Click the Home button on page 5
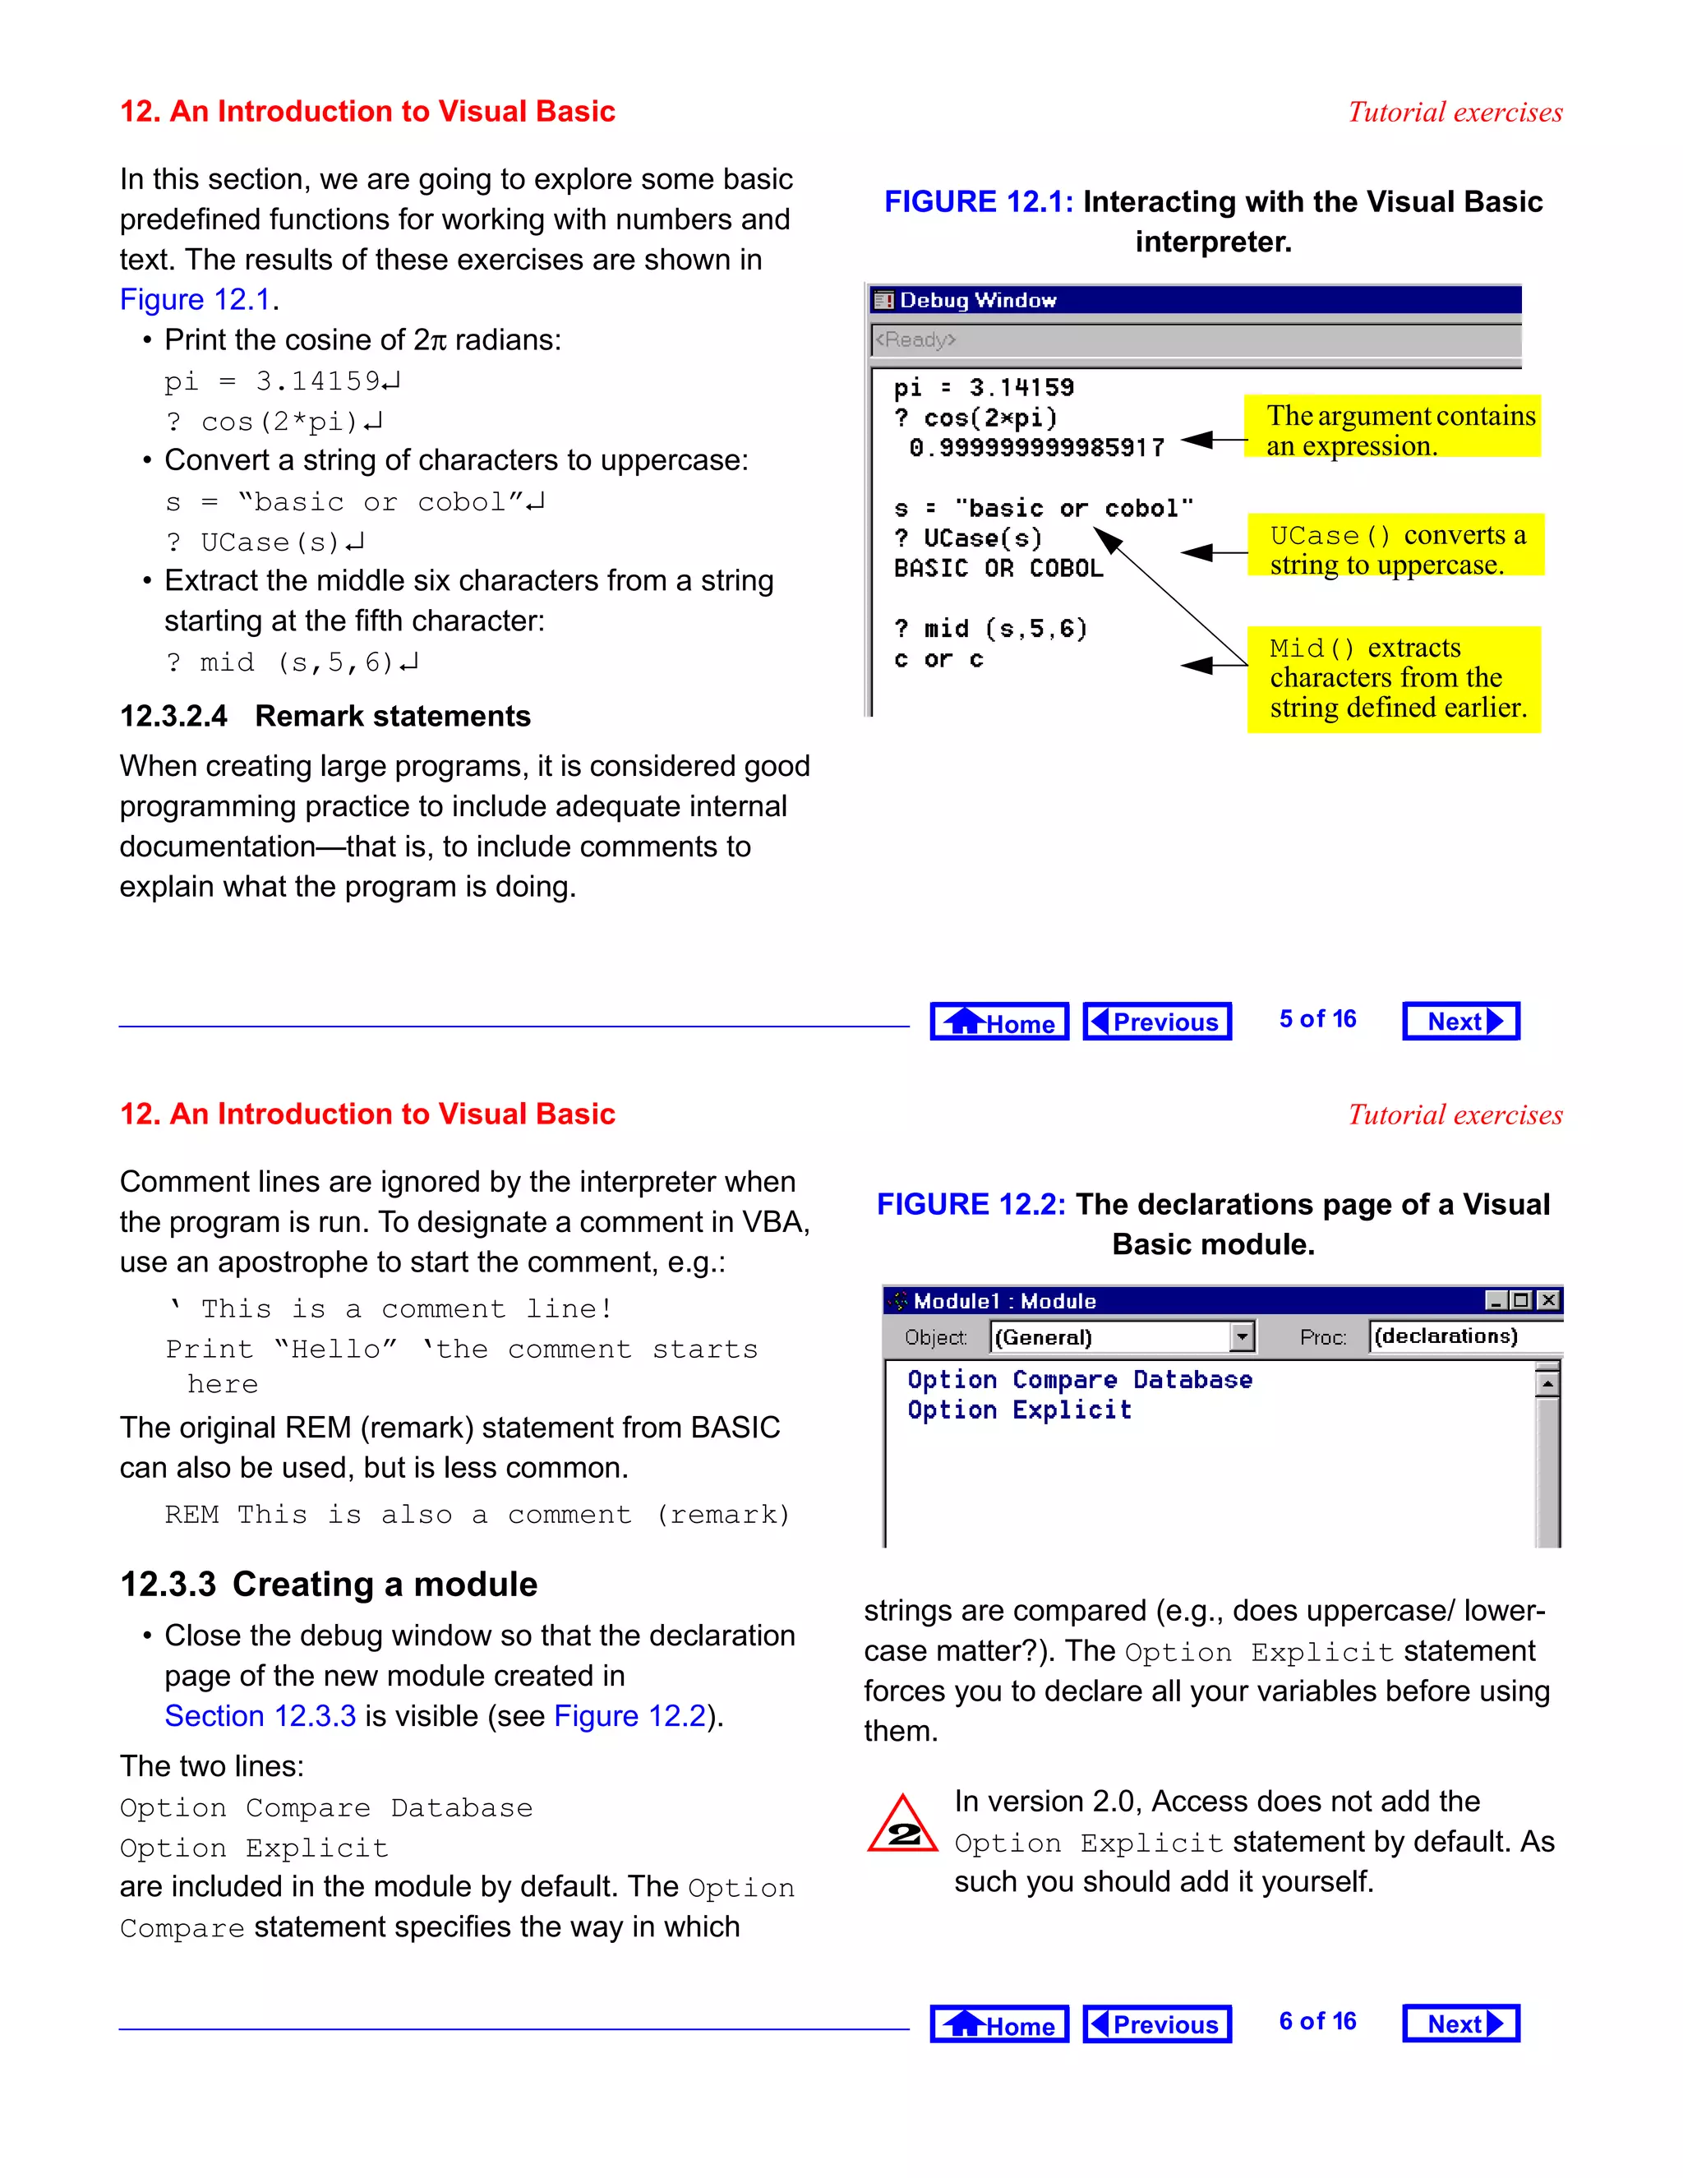tap(999, 1021)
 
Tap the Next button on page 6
tap(1460, 2023)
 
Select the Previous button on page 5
tap(1156, 1021)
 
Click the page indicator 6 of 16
tap(1317, 2022)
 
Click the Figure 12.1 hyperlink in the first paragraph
tap(196, 299)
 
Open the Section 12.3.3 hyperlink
tap(261, 1715)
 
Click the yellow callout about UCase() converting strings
tap(1395, 550)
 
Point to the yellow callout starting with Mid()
tap(1393, 678)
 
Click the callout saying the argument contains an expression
tap(1393, 430)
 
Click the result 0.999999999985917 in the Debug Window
tap(1036, 448)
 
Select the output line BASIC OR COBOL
tap(998, 569)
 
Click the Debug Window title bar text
tap(977, 300)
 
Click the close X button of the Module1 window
tap(1547, 1300)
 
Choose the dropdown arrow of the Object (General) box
tap(1242, 1336)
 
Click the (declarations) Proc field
tap(1446, 1336)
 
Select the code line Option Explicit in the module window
tap(1019, 1410)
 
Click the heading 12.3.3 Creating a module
tap(328, 1585)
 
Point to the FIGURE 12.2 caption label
tap(971, 1205)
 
